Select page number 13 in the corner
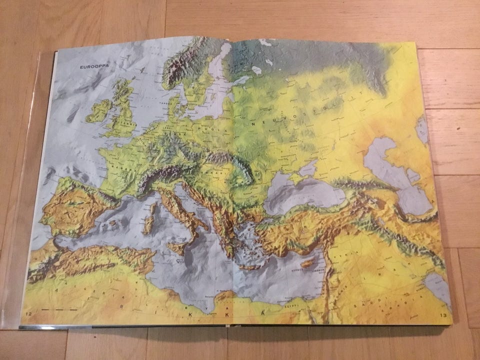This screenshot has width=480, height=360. [443, 315]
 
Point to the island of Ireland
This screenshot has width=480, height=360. [99, 110]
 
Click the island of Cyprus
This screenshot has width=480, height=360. [307, 262]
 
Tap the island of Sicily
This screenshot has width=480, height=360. [179, 246]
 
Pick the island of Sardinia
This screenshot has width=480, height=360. [148, 224]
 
